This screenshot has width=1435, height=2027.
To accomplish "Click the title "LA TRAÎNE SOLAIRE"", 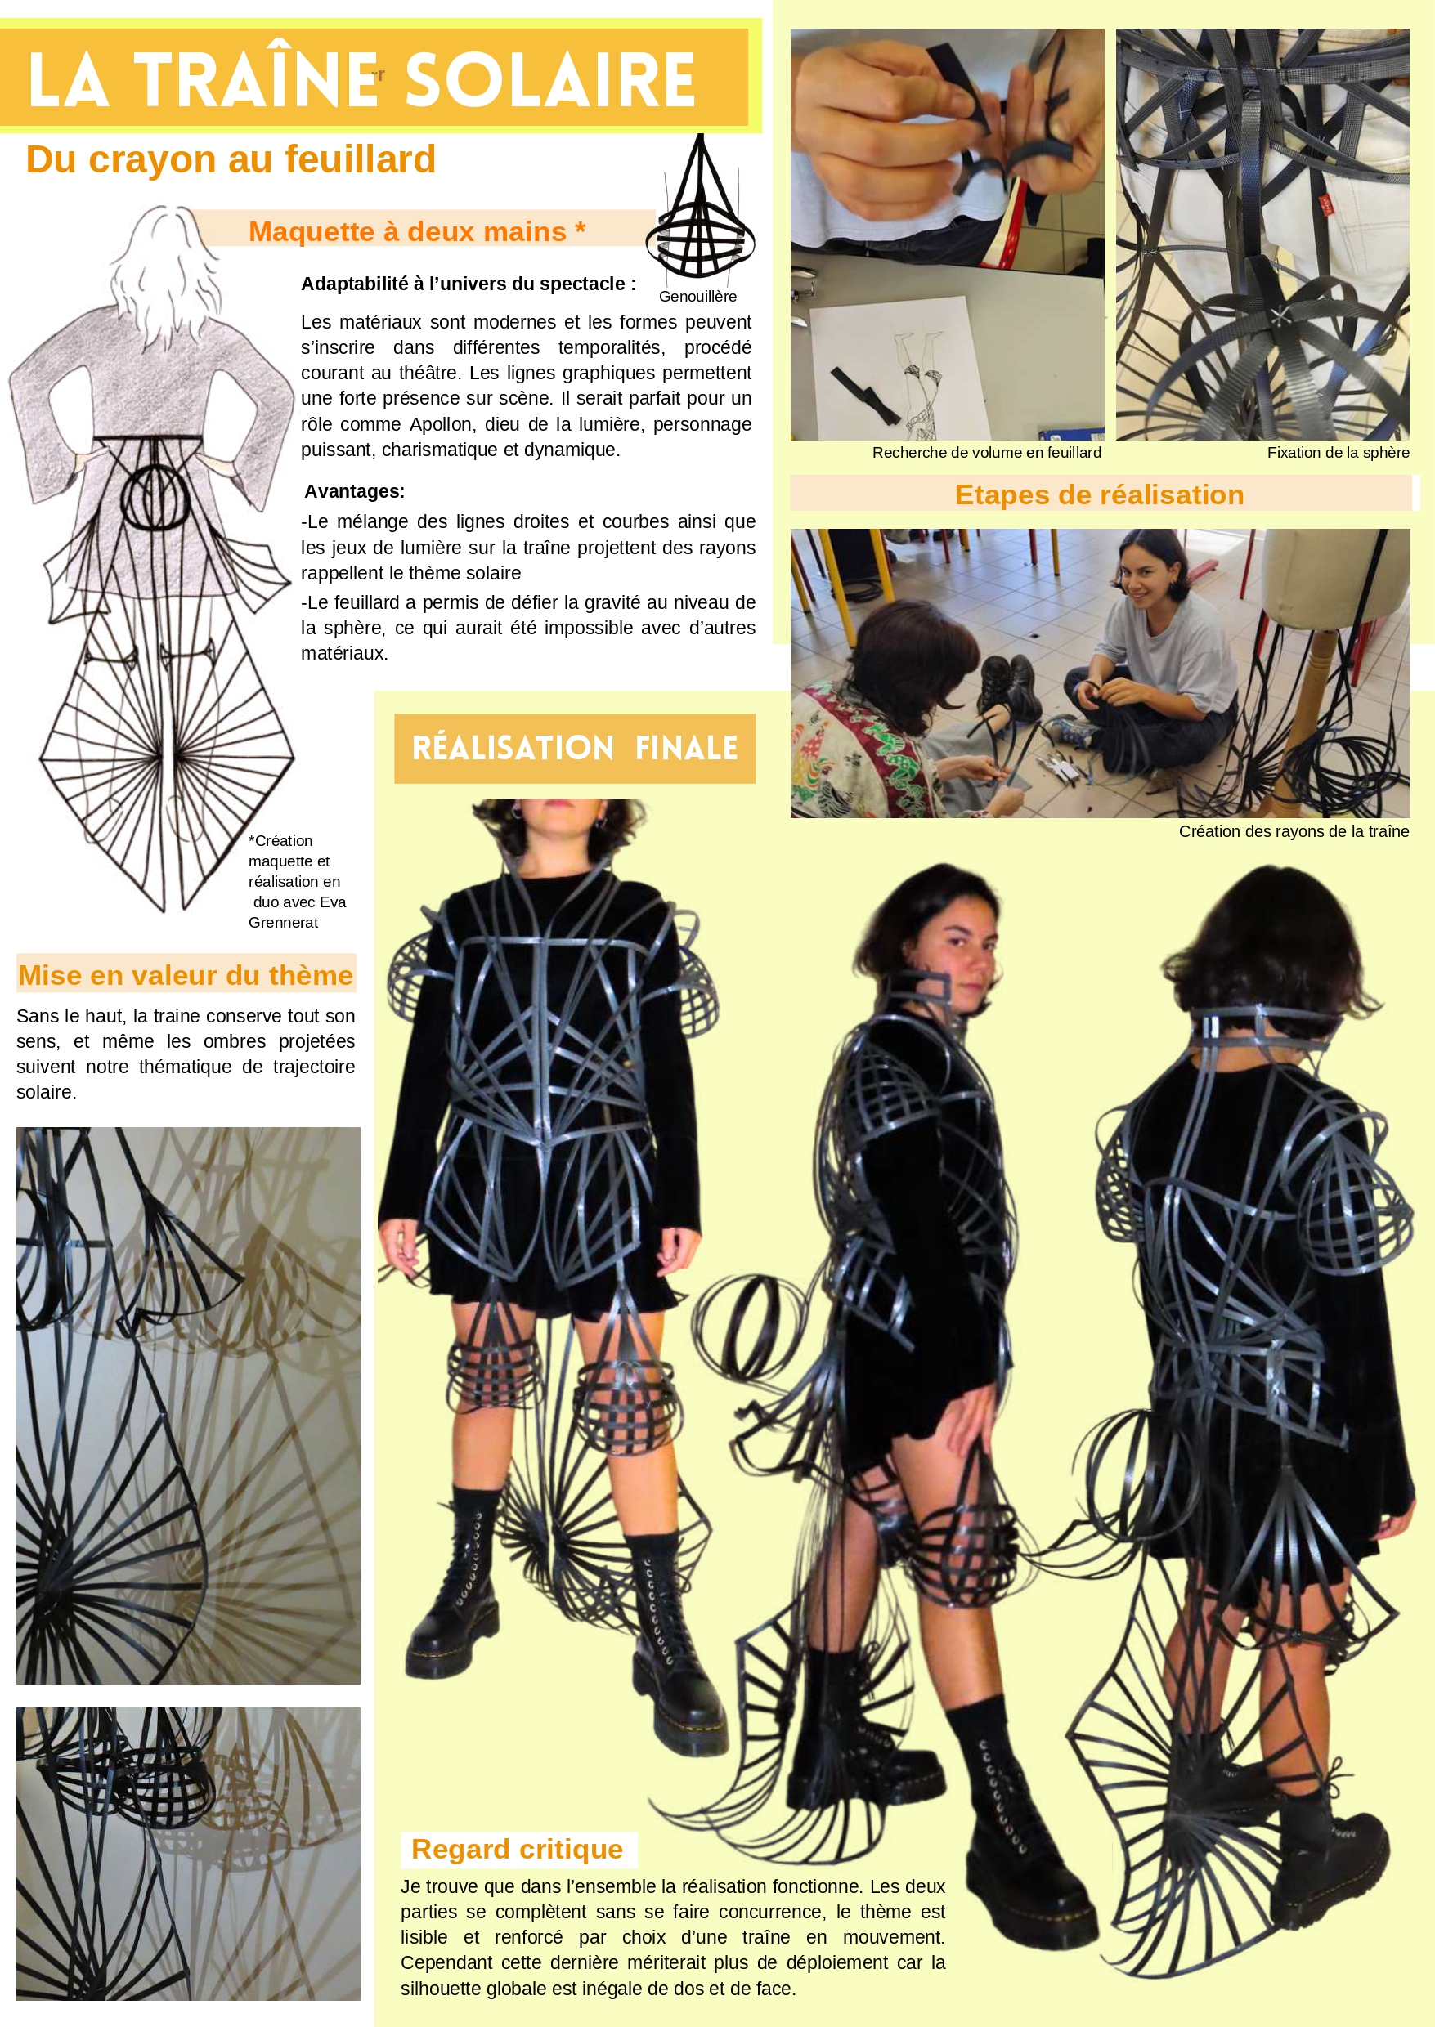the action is tap(361, 79).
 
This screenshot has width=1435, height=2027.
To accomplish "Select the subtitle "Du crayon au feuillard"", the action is tap(231, 160).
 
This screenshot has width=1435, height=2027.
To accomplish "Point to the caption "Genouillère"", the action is tap(697, 297).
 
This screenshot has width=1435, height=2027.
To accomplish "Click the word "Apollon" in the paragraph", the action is tap(441, 424).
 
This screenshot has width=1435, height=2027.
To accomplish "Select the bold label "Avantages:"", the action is tap(354, 491).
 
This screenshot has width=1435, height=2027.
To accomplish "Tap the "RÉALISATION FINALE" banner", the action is tap(574, 748).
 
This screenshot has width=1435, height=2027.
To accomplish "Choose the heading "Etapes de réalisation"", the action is tap(1099, 494).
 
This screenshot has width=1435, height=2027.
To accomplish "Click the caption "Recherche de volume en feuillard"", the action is tap(986, 453).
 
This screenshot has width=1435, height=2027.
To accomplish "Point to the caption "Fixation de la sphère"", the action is tap(1338, 453).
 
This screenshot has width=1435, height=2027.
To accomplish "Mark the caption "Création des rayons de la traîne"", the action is tap(1294, 832).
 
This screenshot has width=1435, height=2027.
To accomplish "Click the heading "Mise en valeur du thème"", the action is tap(186, 975).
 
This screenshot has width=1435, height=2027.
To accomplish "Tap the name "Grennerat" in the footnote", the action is tap(283, 923).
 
